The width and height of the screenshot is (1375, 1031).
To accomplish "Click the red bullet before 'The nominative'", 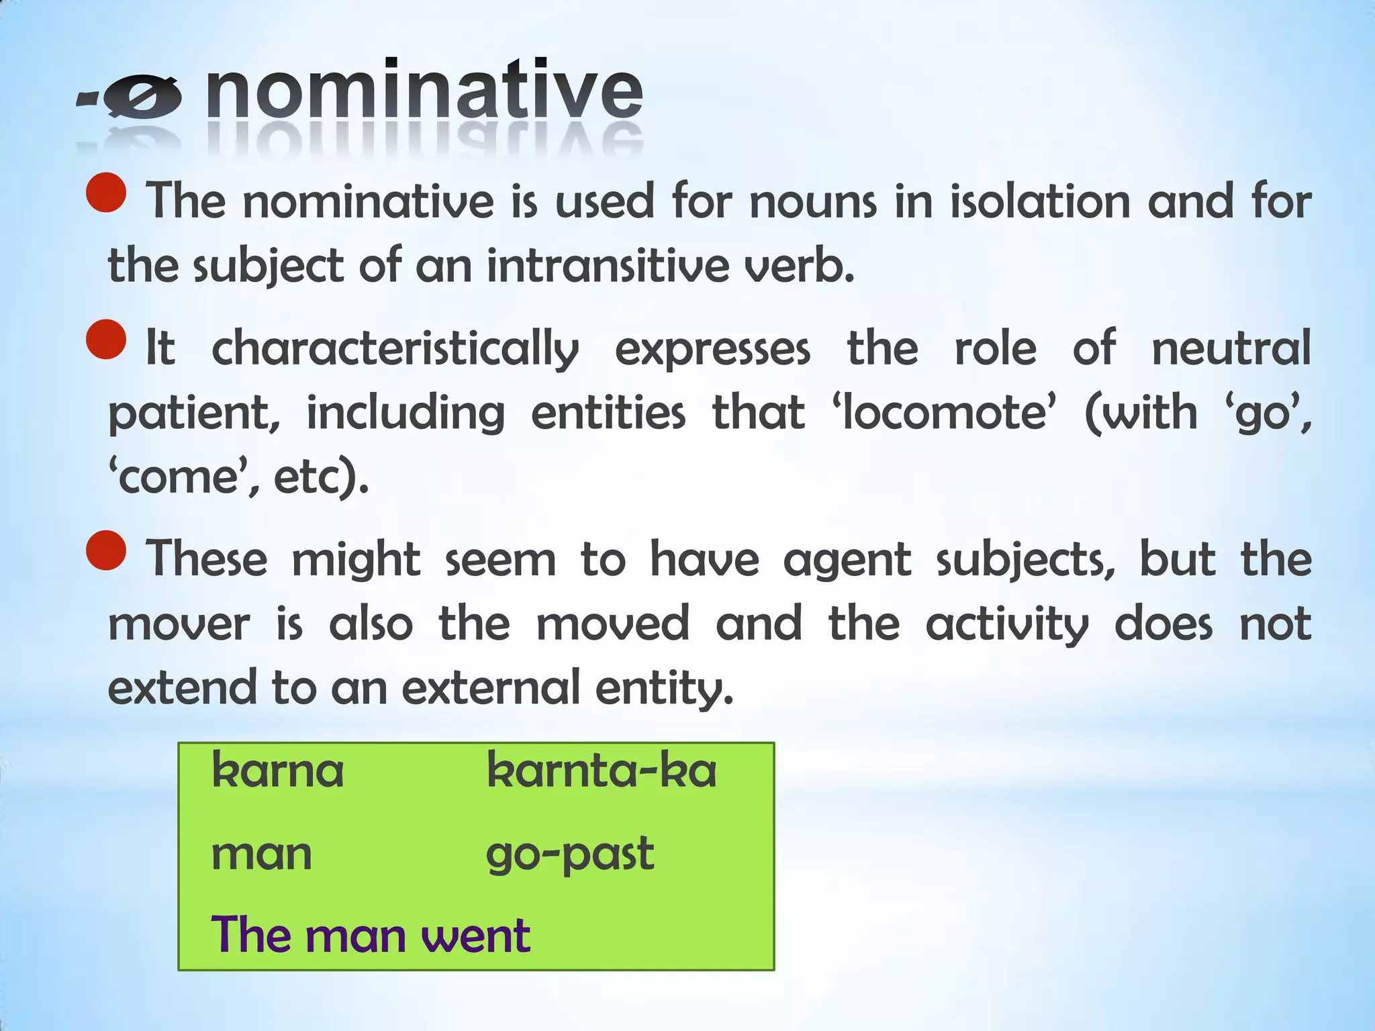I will (107, 193).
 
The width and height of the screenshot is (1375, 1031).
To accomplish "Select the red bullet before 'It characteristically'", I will (107, 340).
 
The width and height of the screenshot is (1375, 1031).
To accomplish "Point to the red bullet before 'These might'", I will (107, 550).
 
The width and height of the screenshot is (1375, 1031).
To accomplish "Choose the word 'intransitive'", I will (608, 265).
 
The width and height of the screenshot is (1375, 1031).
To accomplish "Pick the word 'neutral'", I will (1231, 348).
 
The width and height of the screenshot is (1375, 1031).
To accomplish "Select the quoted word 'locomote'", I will (944, 412).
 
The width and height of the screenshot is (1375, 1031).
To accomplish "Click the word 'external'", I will (491, 687).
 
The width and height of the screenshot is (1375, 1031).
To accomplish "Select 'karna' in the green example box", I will (277, 771).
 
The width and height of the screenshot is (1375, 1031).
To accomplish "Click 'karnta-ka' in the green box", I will (602, 771).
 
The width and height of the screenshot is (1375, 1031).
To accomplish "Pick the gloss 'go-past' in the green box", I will (570, 854).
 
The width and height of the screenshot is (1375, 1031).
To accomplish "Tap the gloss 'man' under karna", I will (262, 854).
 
